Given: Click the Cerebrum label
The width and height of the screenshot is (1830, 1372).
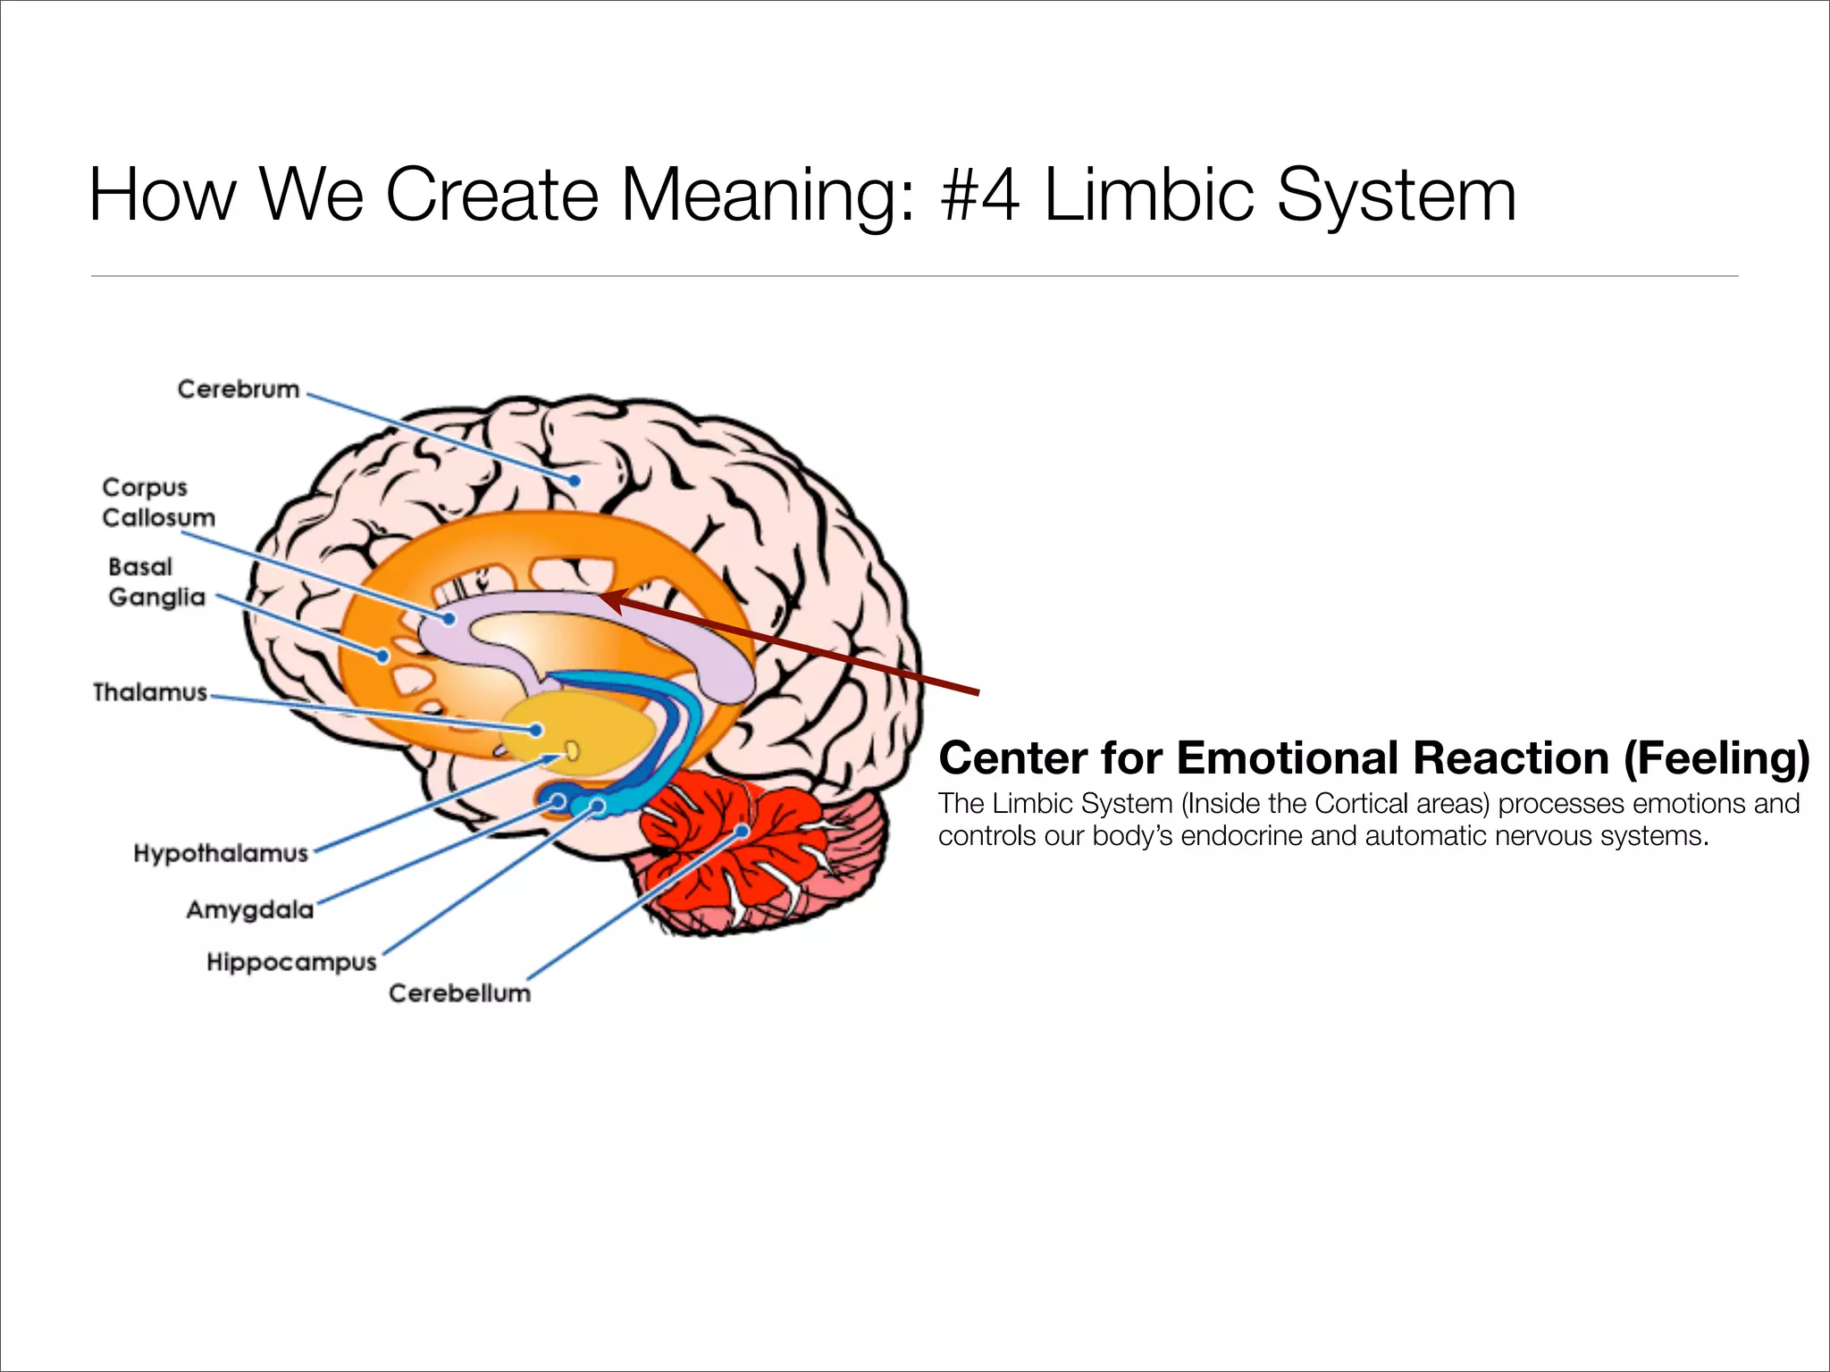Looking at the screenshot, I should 238,389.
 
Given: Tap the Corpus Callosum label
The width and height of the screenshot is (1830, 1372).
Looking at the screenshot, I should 158,503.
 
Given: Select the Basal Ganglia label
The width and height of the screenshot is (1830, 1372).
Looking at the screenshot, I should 155,582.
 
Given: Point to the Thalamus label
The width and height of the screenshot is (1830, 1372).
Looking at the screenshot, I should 150,692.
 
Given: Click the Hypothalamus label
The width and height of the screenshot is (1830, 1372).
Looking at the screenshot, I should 221,853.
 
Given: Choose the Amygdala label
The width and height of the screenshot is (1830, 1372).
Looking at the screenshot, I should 250,909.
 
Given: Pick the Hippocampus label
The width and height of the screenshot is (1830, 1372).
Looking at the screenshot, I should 291,962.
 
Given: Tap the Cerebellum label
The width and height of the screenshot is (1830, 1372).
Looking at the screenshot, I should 459,993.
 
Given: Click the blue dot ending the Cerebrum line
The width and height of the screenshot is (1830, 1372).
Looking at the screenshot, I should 575,481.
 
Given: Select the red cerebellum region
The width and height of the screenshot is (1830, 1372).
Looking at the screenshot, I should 733,857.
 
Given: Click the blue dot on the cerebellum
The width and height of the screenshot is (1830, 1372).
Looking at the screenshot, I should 743,831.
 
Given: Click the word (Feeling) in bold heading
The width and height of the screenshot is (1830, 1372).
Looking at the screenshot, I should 1716,758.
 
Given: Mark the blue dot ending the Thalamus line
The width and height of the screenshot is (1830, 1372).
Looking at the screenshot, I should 536,731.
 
